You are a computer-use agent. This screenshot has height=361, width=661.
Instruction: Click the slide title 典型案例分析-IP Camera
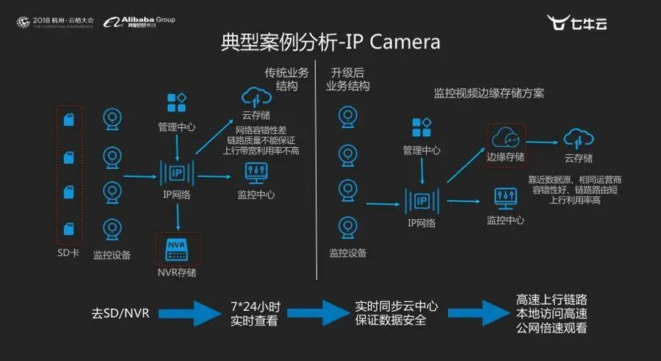pyautogui.click(x=330, y=42)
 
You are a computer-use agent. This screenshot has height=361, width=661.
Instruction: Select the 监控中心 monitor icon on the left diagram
pyautogui.click(x=256, y=174)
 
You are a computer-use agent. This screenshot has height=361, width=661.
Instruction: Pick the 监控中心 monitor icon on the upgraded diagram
pyautogui.click(x=506, y=198)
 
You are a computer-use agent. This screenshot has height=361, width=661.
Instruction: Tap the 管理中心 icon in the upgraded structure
pyautogui.click(x=422, y=127)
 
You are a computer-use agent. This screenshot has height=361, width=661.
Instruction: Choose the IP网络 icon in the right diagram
pyautogui.click(x=422, y=199)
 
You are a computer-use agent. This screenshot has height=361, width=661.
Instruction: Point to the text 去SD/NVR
pyautogui.click(x=120, y=312)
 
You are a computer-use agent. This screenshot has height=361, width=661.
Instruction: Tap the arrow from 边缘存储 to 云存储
pyautogui.click(x=545, y=137)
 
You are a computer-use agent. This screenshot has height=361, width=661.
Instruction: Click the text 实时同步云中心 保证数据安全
pyautogui.click(x=390, y=312)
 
